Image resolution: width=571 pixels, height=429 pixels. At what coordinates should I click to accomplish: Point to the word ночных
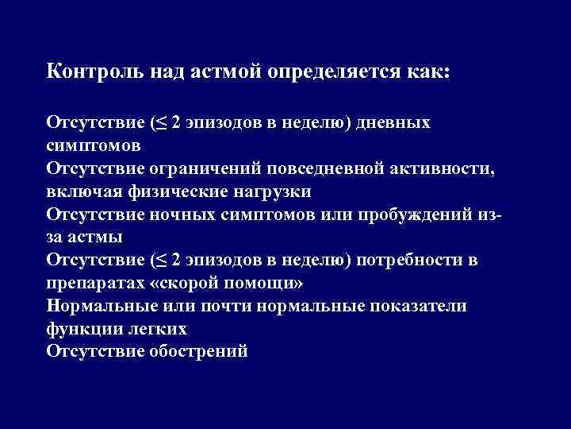[x=188, y=215]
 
